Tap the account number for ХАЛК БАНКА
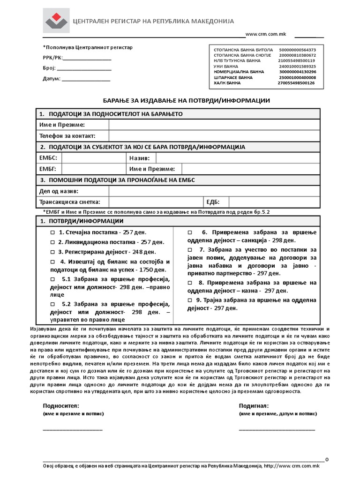(296, 83)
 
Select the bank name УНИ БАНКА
(227, 66)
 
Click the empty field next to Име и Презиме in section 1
(214, 125)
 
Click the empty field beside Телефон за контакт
(214, 136)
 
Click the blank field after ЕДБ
(274, 202)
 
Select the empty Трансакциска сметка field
(155, 202)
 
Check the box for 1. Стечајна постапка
(52, 232)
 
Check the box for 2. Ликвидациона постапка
(52, 242)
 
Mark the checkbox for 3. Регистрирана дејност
(52, 252)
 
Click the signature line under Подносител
(73, 428)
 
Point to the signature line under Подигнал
(277, 428)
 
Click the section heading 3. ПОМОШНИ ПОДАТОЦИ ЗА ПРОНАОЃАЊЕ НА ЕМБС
(117, 180)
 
